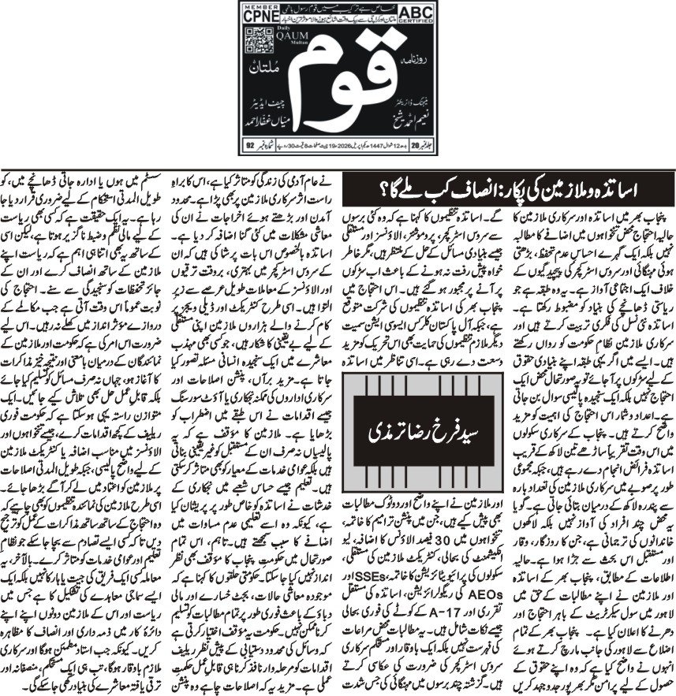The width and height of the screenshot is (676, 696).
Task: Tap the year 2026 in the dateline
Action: (x=341, y=146)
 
